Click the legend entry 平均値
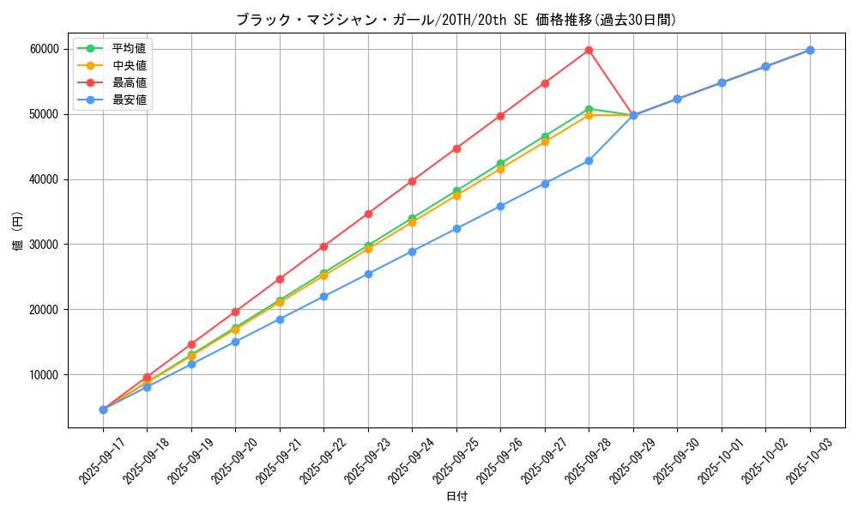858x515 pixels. coord(129,48)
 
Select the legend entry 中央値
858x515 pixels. coord(129,65)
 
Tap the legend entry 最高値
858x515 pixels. coord(129,82)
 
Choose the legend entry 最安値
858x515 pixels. coord(129,100)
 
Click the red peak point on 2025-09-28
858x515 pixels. coord(589,50)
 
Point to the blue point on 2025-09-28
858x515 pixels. coord(589,161)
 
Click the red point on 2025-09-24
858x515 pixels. coord(412,181)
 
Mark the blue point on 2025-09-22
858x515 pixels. coord(323,296)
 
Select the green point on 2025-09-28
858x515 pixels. coord(589,109)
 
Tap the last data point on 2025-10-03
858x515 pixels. coord(810,50)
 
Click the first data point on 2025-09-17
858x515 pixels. coord(103,409)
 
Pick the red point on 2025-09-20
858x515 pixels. coord(235,312)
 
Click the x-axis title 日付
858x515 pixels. coord(456,497)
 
